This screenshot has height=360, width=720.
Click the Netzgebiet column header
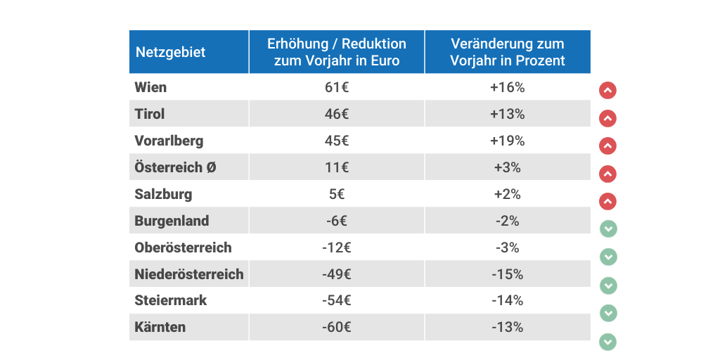pos(170,52)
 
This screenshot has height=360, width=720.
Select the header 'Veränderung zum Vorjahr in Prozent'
pos(508,52)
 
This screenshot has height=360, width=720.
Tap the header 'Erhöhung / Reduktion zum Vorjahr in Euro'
pos(337,52)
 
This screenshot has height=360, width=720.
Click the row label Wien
pos(150,87)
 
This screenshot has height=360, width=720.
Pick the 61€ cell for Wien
pos(337,87)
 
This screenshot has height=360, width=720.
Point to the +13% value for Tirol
pos(508,114)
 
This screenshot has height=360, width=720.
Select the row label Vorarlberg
pos(169,141)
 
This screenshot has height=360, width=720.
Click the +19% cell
pos(508,141)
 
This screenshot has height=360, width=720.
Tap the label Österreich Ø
pos(170,167)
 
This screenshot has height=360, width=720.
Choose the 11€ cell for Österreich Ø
pos(337,167)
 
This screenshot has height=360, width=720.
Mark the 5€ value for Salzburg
pos(337,194)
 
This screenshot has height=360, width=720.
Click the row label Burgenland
pos(172,221)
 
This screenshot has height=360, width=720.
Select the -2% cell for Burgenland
pos(508,221)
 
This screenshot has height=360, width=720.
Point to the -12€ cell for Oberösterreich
pos(337,247)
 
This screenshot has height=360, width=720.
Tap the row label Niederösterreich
pos(189,274)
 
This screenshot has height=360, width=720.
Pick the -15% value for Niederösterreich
pos(508,274)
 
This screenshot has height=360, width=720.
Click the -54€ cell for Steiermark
pos(337,300)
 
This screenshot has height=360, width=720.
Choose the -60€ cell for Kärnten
pos(337,327)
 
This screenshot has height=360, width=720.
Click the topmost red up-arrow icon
pos(608,90)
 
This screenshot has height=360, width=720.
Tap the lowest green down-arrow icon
pos(608,342)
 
